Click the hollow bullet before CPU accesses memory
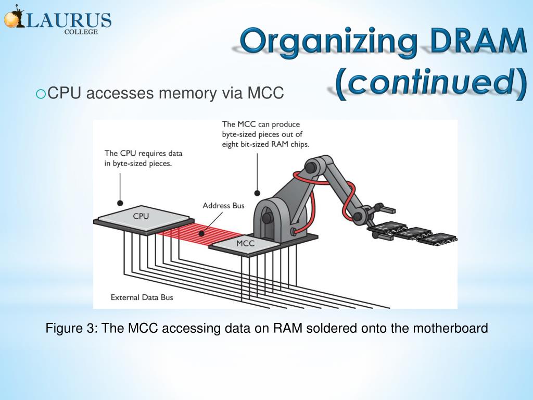tap(41, 94)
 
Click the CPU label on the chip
tap(141, 215)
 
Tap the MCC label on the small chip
tap(245, 243)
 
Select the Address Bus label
tap(223, 205)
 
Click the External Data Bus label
tap(142, 297)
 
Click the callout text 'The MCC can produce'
tap(260, 125)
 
